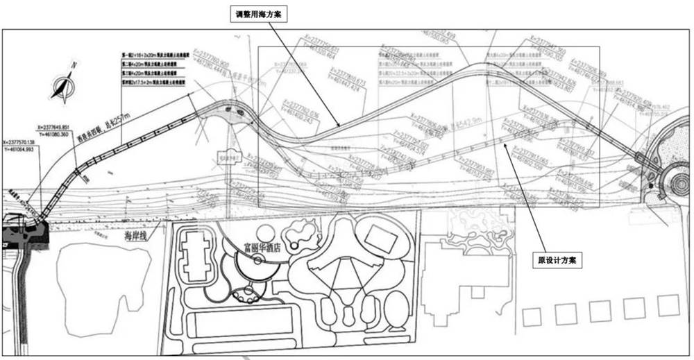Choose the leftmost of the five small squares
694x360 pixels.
(x=532, y=316)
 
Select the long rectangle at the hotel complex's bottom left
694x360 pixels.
(x=240, y=321)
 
